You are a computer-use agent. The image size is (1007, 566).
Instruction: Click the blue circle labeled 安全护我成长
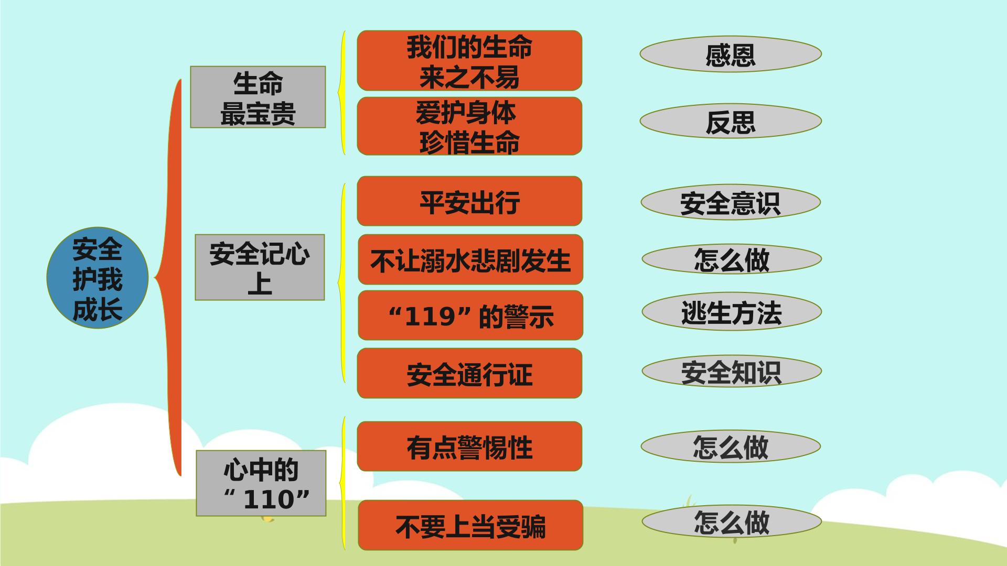pos(98,278)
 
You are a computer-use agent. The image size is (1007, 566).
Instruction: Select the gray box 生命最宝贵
pos(258,97)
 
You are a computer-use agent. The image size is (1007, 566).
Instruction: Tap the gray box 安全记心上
pos(260,267)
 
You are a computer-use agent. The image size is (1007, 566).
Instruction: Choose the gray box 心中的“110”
pos(261,483)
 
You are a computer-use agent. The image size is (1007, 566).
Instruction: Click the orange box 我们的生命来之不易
pos(469,61)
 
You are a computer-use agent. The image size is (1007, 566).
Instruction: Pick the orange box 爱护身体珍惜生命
pos(469,126)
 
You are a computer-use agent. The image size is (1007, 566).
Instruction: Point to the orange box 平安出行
pos(469,201)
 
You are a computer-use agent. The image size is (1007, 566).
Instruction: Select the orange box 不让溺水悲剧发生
pos(470,259)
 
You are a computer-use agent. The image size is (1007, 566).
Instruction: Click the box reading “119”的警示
pos(470,315)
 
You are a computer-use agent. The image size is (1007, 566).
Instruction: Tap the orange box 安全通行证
pos(469,373)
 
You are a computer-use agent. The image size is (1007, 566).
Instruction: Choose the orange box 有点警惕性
pos(469,447)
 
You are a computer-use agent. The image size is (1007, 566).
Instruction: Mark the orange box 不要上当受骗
pos(470,525)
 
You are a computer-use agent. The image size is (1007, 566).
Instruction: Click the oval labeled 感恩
pos(731,54)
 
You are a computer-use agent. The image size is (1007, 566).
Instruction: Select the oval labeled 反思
pos(731,121)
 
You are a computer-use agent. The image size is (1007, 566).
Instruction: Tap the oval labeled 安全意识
pos(731,202)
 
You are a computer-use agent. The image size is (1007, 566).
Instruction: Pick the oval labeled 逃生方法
pos(732,312)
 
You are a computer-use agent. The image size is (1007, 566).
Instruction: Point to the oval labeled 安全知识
pos(732,372)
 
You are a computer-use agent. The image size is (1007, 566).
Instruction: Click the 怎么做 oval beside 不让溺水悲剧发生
pos(732,259)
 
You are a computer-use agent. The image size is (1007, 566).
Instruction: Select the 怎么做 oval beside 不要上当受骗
pos(732,522)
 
